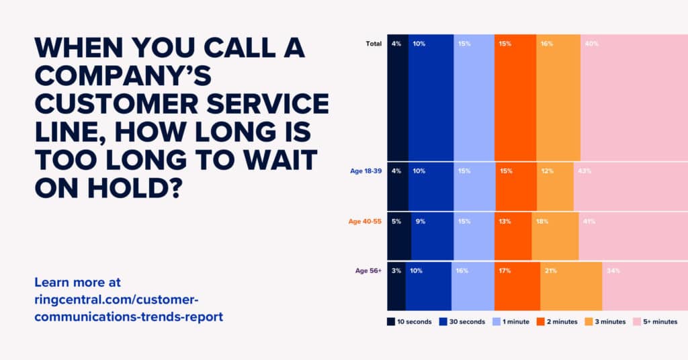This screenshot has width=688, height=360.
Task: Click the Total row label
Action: point(374,44)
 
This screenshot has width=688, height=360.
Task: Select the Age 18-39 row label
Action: point(365,171)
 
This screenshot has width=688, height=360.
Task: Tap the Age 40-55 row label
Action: point(365,221)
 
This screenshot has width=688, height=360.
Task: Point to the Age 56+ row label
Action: point(368,271)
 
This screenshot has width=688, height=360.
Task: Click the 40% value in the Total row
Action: point(591,44)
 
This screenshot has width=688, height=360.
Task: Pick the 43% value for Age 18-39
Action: point(584,171)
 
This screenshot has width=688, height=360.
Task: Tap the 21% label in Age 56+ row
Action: point(550,271)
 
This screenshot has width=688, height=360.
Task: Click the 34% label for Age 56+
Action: point(613,271)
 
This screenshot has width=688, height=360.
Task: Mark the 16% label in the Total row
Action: point(546,44)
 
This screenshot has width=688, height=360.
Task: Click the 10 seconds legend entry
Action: point(409,322)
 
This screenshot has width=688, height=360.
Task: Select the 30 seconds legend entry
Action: point(462,322)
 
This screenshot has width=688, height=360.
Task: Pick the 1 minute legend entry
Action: point(511,322)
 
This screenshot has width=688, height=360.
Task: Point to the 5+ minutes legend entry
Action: point(655,322)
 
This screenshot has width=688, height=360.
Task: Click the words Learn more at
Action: point(77,282)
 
